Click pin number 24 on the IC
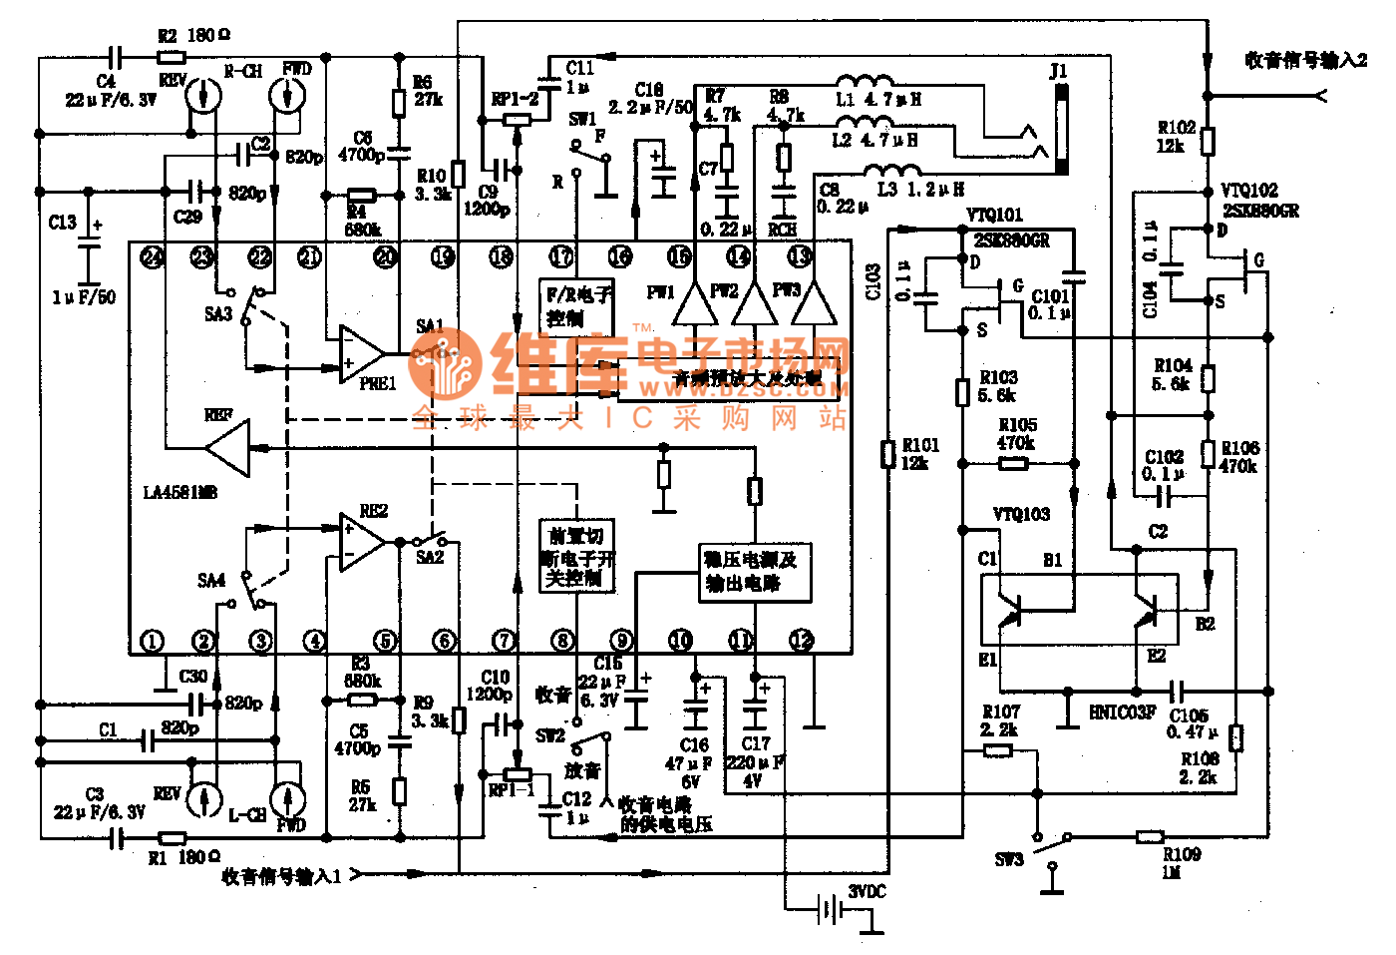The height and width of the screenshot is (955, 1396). pos(152,257)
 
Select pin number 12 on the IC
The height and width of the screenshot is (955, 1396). pos(802,640)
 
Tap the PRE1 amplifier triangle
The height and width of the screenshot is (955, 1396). pos(360,354)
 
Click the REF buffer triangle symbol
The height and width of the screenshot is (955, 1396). pos(229,447)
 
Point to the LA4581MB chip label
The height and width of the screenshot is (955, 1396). pos(180,492)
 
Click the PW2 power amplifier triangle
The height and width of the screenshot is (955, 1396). pos(755,303)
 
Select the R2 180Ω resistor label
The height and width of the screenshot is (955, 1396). pos(194,36)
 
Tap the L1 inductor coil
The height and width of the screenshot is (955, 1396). pos(864,83)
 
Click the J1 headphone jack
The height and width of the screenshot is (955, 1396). pos(1060,127)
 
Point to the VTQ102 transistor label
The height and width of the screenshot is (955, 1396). pos(1248,191)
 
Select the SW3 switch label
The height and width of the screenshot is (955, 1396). pos(1009,859)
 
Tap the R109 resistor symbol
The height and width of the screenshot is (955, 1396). pos(1151,836)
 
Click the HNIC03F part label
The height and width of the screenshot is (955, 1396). pos(1123,713)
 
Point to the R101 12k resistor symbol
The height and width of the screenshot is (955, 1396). pos(887,454)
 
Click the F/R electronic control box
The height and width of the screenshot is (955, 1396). pos(576,306)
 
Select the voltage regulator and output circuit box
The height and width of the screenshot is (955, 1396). pos(755,573)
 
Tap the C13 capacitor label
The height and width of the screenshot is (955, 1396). pos(62,223)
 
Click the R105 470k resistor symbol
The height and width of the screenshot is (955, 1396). pos(1014,463)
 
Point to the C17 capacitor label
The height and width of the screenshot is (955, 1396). pos(756,743)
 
